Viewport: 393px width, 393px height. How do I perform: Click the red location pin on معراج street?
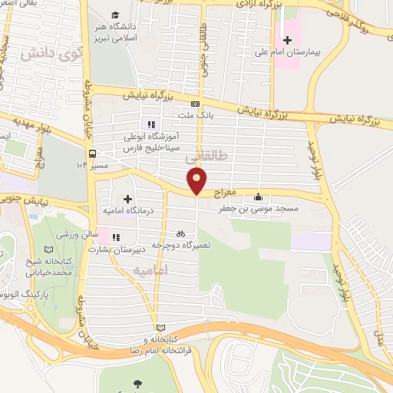click(198, 181)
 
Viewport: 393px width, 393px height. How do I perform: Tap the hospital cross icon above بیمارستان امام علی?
click(288, 40)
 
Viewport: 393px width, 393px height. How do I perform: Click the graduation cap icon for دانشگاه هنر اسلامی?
click(115, 15)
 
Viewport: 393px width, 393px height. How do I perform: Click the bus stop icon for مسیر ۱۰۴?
click(91, 152)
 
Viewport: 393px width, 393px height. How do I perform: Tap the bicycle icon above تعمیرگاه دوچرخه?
click(180, 233)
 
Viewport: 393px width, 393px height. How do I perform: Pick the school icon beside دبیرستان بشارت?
click(116, 238)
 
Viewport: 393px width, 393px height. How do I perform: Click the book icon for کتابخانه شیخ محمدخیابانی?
click(50, 250)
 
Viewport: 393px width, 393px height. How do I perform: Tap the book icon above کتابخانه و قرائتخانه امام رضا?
click(160, 328)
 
